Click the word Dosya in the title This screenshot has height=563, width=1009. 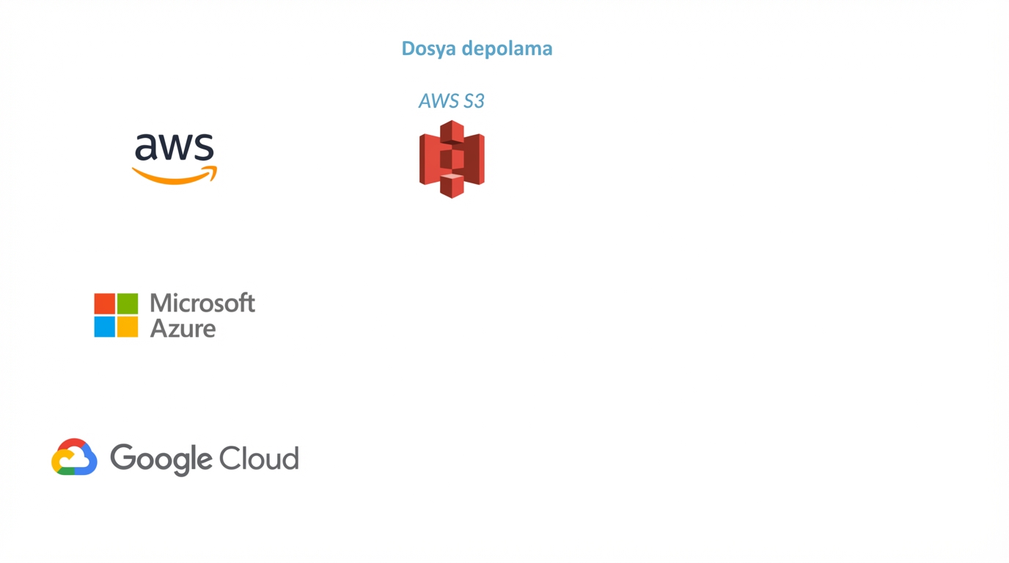428,49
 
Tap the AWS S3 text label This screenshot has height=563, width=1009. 452,101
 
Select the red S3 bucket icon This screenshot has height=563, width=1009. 452,159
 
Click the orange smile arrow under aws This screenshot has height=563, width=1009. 175,176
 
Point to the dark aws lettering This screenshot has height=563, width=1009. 175,147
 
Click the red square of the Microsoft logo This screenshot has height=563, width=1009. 105,303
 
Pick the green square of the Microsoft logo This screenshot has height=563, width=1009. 128,303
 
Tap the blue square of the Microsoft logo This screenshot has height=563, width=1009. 105,326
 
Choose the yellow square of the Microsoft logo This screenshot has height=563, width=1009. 128,326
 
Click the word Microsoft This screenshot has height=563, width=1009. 202,303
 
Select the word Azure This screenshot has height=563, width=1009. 183,328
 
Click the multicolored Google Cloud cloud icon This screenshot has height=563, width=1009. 74,457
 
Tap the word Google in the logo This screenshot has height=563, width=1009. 161,460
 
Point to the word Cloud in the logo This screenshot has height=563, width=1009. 259,458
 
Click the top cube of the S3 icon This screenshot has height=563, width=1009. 452,132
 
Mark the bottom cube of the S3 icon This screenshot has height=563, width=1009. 452,186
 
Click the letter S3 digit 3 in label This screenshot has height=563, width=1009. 480,101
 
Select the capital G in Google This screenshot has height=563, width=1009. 122,457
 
